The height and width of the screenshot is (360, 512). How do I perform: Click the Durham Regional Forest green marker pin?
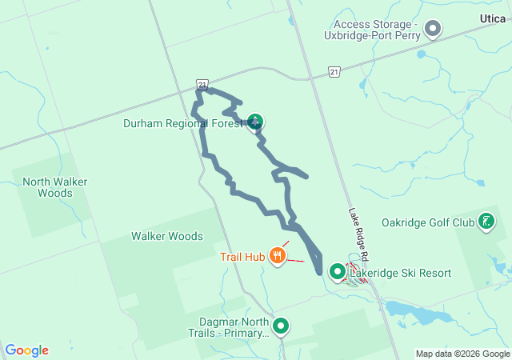pos(255,122)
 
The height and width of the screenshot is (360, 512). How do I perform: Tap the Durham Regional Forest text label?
pos(182,124)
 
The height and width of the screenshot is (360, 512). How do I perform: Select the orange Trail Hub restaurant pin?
pos(278,255)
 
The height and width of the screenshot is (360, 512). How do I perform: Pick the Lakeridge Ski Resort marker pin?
pos(338,272)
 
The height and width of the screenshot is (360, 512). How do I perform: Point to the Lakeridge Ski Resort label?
pos(401,274)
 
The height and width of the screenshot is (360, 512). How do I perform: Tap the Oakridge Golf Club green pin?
pos(486,221)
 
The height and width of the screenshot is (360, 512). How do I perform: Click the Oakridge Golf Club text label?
pos(428,222)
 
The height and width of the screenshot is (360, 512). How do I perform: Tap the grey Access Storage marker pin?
pos(433,30)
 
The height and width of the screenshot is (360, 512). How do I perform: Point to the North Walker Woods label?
pos(55,187)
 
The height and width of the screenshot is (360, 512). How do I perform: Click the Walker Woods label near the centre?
pos(167,236)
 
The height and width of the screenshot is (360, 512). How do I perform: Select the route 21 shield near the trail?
pos(202,84)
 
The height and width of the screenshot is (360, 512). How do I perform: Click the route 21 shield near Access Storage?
pos(333,72)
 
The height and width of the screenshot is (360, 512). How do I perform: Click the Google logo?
pos(27,350)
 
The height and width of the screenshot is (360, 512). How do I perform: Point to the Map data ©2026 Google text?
pos(462,354)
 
